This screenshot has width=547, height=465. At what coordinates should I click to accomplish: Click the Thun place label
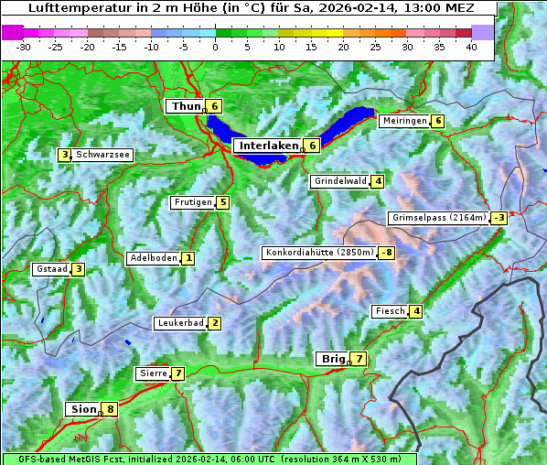coord(185,106)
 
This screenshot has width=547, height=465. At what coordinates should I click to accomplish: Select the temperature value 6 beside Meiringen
coord(438,121)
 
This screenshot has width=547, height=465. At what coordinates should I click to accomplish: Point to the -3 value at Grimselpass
coord(499,218)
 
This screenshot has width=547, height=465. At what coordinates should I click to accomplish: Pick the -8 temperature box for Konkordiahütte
coord(387,253)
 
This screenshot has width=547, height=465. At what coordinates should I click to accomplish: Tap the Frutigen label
coord(192,202)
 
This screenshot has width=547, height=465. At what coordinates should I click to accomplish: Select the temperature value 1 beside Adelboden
coord(188,258)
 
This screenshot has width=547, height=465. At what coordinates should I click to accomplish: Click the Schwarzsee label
coord(103,155)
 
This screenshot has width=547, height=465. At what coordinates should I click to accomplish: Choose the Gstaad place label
coord(50,269)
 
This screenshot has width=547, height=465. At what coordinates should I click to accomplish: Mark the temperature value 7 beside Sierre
coord(177,373)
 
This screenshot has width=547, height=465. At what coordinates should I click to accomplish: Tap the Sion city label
coord(82,409)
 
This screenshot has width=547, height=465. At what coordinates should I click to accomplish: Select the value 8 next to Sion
coord(111,409)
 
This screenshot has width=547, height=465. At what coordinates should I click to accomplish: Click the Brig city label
coord(331,359)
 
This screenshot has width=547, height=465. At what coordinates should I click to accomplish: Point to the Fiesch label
coord(389,311)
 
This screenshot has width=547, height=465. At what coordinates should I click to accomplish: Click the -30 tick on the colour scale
coord(24,46)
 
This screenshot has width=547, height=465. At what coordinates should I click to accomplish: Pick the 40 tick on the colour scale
coord(471,46)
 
